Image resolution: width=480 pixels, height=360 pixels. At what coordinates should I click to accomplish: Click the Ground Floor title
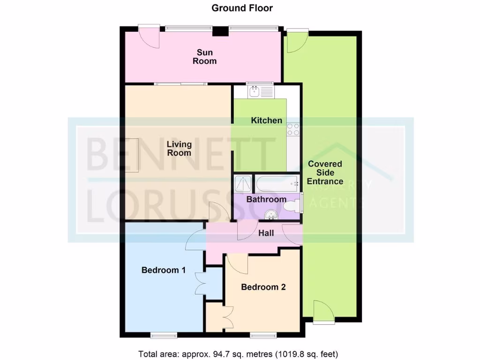pos(242,8)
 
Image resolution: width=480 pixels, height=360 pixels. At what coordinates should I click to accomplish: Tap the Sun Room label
pos(206,57)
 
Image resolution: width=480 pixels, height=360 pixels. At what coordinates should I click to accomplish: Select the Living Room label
pos(179,149)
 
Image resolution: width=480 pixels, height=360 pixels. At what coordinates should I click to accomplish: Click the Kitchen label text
pos(266,120)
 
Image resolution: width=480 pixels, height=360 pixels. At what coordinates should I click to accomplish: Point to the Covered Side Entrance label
pos(325,172)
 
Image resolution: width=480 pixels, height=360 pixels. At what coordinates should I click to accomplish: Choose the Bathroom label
pos(266,199)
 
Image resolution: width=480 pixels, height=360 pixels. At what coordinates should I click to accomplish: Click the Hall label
pos(266,233)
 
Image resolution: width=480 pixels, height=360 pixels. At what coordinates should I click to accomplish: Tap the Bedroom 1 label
pos(164,270)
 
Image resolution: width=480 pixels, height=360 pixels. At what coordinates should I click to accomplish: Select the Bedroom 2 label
pos(263,287)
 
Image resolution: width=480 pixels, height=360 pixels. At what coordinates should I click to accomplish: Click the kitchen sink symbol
pos(261,90)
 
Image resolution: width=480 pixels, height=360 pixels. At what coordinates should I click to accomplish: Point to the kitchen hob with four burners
pos(293,129)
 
